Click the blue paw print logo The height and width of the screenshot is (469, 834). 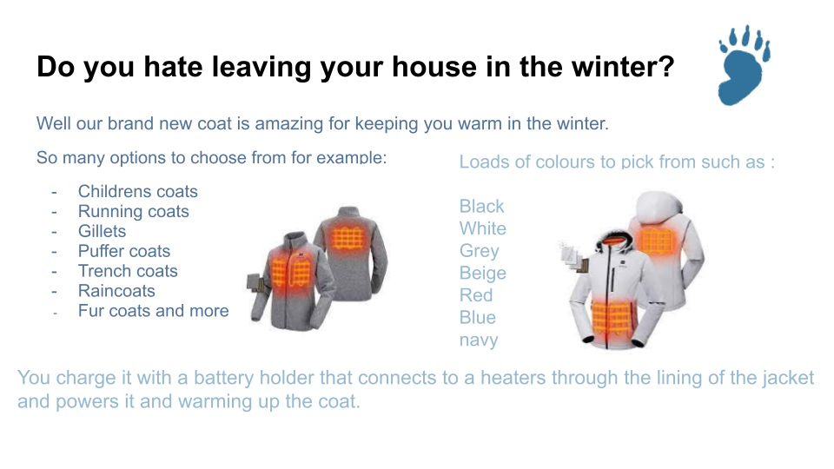point(744,65)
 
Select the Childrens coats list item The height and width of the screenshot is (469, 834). point(138,191)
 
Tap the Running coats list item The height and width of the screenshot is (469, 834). point(134,212)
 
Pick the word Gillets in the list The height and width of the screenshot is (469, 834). point(103,231)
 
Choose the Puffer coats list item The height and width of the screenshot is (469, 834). point(124,251)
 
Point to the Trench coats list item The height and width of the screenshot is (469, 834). point(128,271)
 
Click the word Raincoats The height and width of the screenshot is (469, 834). point(116,291)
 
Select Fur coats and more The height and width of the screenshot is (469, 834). point(153,311)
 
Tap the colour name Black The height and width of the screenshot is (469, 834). point(481,207)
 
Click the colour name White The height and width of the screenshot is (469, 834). point(482,228)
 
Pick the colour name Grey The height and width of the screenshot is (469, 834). point(480,251)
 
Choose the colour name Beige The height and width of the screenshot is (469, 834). point(482,274)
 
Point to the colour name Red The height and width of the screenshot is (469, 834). point(476,295)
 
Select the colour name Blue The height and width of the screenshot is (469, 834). point(478,318)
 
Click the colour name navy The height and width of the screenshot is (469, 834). point(479,340)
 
